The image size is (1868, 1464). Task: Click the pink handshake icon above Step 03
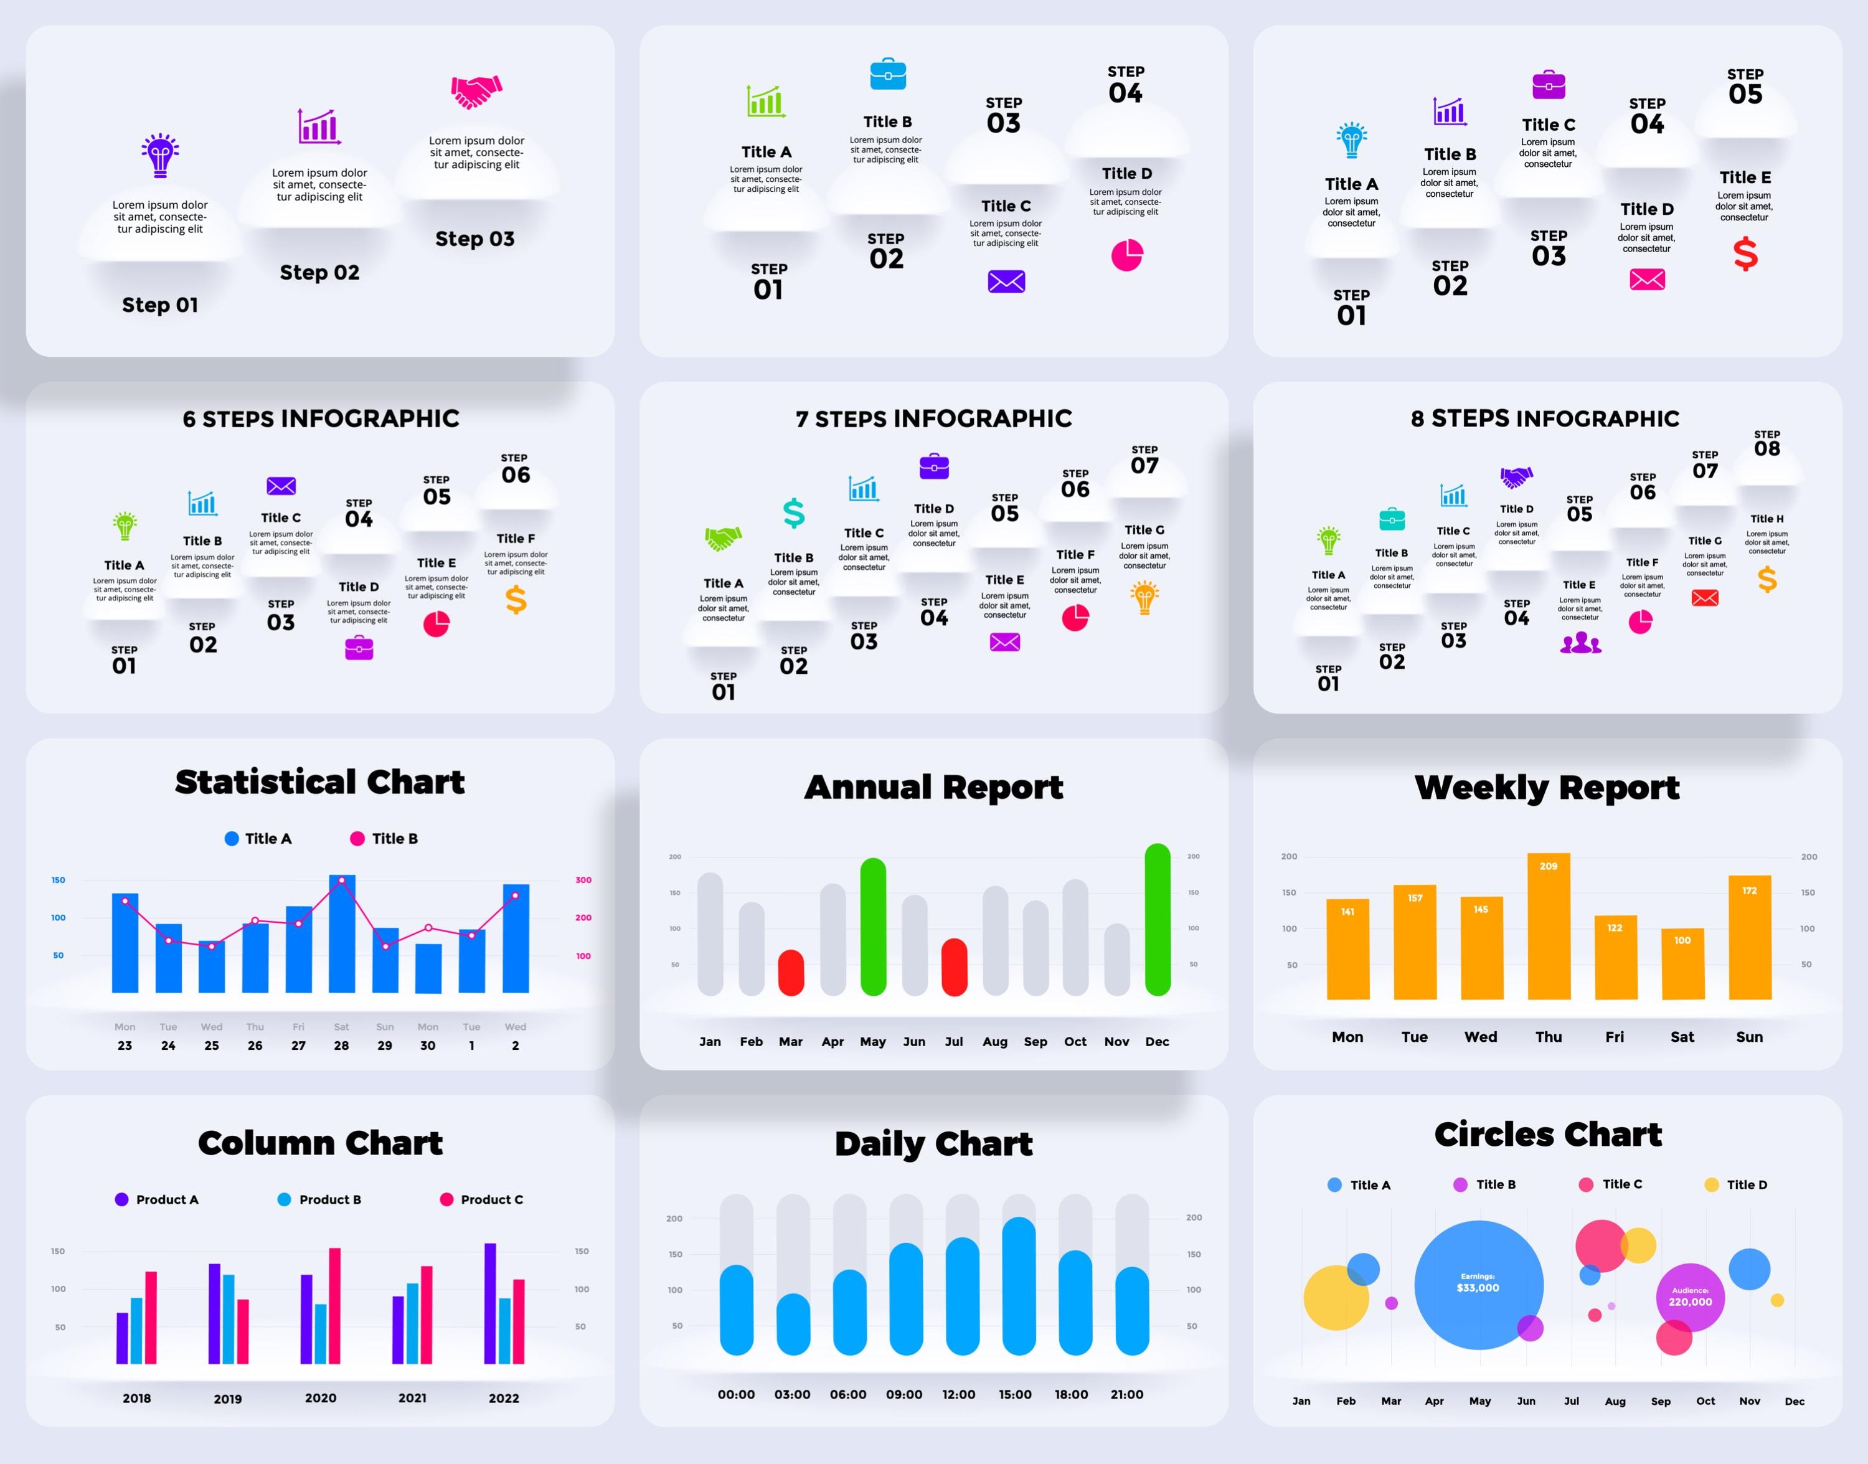(476, 92)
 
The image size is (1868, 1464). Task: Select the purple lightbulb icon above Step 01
(160, 155)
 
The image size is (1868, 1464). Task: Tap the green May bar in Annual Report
(872, 926)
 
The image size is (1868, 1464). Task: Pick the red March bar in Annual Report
(790, 972)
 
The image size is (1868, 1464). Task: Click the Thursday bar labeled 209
(1549, 926)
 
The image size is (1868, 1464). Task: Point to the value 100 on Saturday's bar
(1682, 940)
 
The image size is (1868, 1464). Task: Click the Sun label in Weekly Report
(1749, 1037)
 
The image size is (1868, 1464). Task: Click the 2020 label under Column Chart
(321, 1398)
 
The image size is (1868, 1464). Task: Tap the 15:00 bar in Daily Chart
(1018, 1286)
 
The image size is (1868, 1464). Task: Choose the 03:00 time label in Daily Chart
(792, 1395)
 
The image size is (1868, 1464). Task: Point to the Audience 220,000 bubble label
(1690, 1297)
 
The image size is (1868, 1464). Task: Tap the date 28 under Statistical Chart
(341, 1046)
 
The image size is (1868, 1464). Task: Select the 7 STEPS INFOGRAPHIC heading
(933, 418)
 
